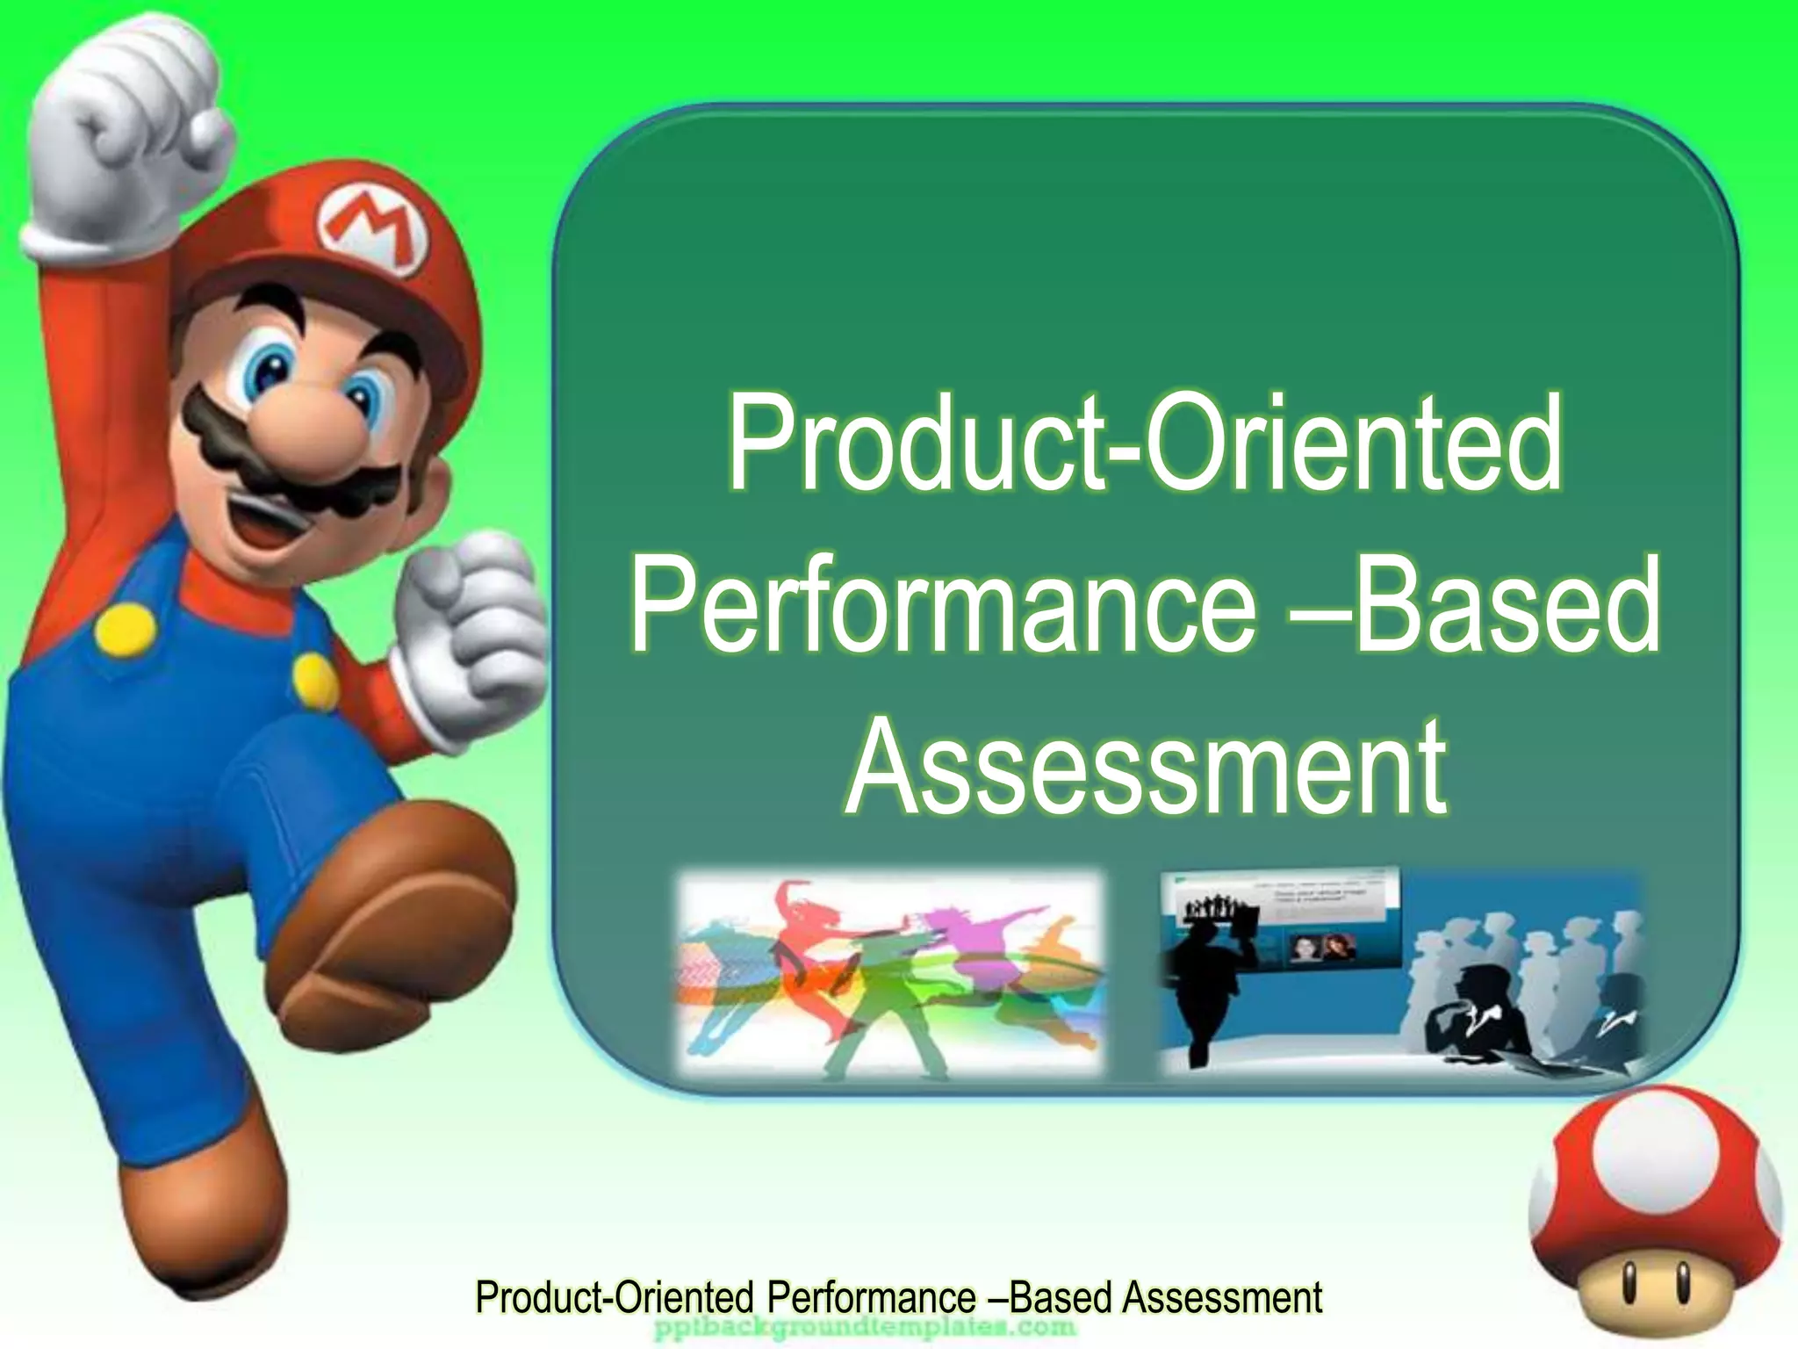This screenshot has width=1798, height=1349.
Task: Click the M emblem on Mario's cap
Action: [x=375, y=231]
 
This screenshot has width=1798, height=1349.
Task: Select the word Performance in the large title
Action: [x=944, y=606]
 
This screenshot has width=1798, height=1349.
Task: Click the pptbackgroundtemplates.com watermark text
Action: [x=865, y=1327]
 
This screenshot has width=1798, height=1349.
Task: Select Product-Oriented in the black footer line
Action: [x=615, y=1297]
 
